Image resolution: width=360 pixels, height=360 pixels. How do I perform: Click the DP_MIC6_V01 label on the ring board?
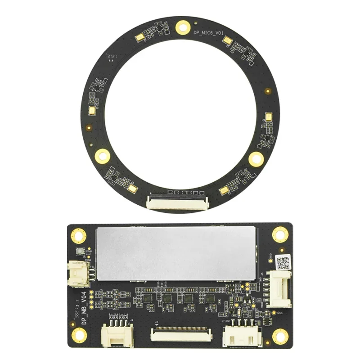click(208, 33)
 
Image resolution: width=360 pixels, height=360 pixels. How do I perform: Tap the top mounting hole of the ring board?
click(182, 27)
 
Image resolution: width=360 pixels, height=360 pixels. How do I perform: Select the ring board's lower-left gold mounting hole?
click(102, 156)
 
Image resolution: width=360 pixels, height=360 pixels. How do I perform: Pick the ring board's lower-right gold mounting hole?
click(256, 159)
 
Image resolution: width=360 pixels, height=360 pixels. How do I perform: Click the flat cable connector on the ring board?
click(177, 201)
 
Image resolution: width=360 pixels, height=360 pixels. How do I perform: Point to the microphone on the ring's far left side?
click(92, 111)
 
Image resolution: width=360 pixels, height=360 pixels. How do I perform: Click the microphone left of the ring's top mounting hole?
click(139, 38)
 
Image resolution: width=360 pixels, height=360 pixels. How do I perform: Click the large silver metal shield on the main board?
click(177, 253)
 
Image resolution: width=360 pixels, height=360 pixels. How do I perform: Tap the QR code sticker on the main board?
click(283, 261)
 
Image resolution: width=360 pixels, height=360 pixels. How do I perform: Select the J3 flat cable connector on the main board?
click(180, 333)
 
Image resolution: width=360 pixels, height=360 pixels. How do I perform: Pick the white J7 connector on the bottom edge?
click(242, 335)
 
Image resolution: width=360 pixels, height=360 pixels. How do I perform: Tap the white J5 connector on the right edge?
click(279, 288)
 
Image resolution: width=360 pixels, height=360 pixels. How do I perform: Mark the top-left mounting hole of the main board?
click(79, 235)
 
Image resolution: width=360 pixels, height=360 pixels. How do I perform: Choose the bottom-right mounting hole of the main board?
click(280, 335)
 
